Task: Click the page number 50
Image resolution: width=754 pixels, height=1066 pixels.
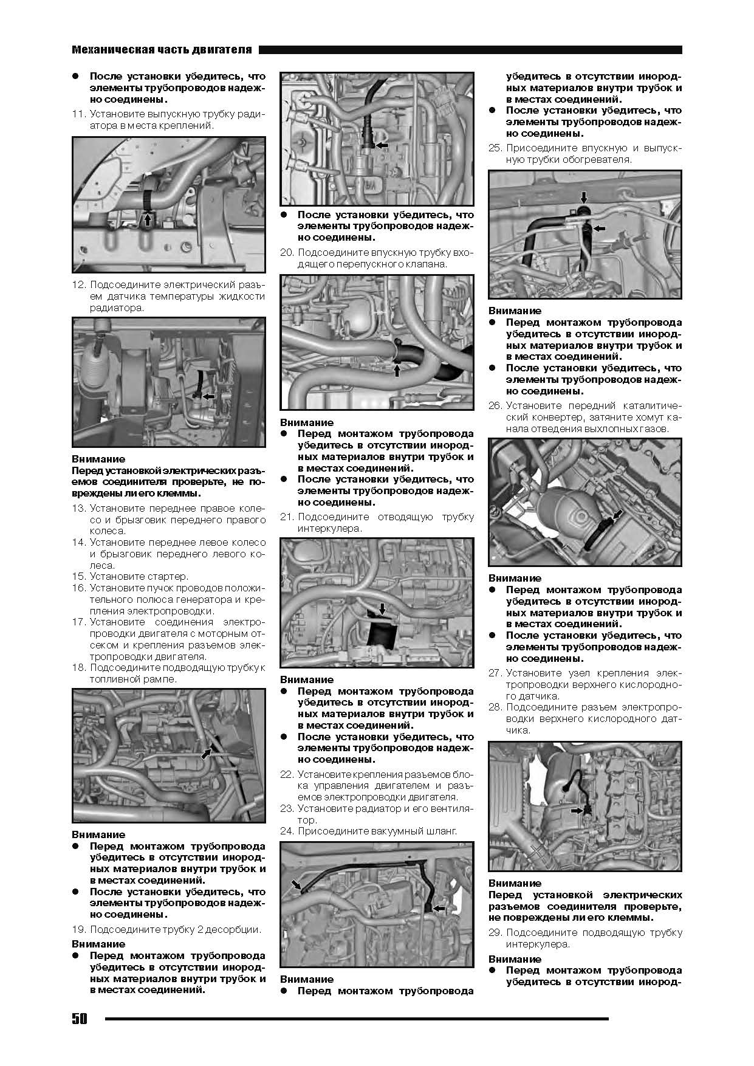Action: (80, 1019)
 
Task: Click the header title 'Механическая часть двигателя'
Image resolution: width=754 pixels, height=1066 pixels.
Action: (162, 50)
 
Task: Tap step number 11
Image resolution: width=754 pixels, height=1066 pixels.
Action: (78, 114)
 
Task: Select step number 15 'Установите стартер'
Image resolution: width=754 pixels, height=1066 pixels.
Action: (78, 576)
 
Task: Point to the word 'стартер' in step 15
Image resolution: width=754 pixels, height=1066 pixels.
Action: (170, 576)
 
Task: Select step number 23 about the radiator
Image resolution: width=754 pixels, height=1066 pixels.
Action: (287, 808)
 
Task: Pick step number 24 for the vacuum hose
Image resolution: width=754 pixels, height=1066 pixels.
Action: (287, 831)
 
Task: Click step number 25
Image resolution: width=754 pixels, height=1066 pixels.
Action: (495, 148)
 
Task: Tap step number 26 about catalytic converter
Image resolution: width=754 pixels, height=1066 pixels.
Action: (495, 405)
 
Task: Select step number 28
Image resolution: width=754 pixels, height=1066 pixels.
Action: (495, 707)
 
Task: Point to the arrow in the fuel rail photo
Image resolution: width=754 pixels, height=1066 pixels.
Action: (207, 753)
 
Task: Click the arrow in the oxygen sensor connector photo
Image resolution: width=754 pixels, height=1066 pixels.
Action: (577, 810)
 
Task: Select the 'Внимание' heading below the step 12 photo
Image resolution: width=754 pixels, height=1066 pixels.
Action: (98, 459)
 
